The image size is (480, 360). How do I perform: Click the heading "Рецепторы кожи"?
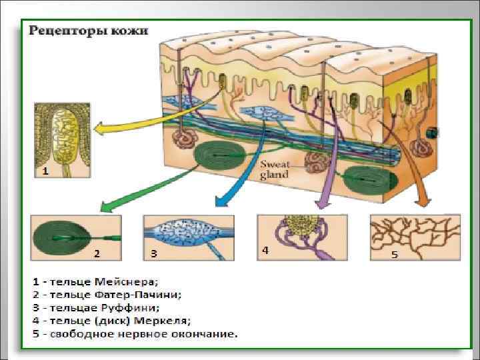pyautogui.click(x=87, y=31)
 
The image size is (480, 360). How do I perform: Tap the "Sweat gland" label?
pyautogui.click(x=274, y=169)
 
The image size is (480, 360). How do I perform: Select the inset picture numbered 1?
pyautogui.click(x=63, y=140)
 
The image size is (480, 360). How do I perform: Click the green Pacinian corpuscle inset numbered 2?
pyautogui.click(x=76, y=237)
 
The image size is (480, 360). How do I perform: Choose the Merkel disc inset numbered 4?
pyautogui.click(x=301, y=237)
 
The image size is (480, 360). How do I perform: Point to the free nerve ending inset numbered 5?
pyautogui.click(x=415, y=237)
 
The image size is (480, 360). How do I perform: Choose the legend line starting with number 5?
pyautogui.click(x=134, y=333)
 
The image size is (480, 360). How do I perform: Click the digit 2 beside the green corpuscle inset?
pyautogui.click(x=97, y=253)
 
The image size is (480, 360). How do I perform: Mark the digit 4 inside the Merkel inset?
pyautogui.click(x=265, y=251)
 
